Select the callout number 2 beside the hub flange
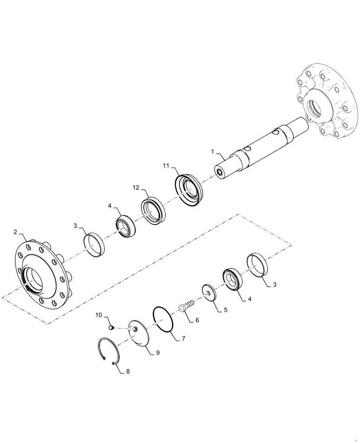click(x=15, y=232)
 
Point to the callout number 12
click(x=136, y=188)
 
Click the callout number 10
click(x=99, y=315)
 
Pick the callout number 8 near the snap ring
click(x=128, y=372)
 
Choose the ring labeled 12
click(x=153, y=210)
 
